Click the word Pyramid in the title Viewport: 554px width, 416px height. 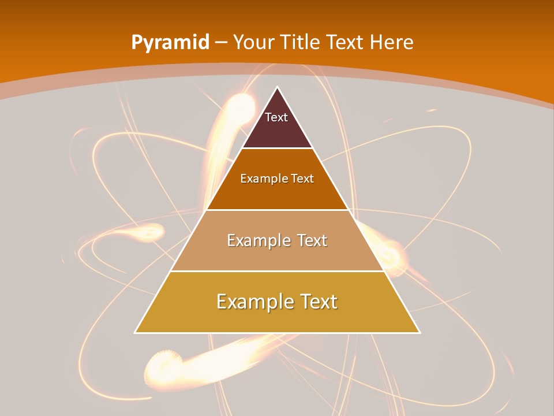pos(170,43)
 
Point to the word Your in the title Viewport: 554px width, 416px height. pos(254,42)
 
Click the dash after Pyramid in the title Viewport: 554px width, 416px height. pos(220,43)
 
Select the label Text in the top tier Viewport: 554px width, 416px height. pos(276,117)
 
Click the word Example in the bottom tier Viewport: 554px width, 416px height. pos(252,302)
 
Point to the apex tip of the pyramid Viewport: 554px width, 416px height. pos(278,88)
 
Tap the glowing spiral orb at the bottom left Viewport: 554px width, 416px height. pos(159,365)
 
